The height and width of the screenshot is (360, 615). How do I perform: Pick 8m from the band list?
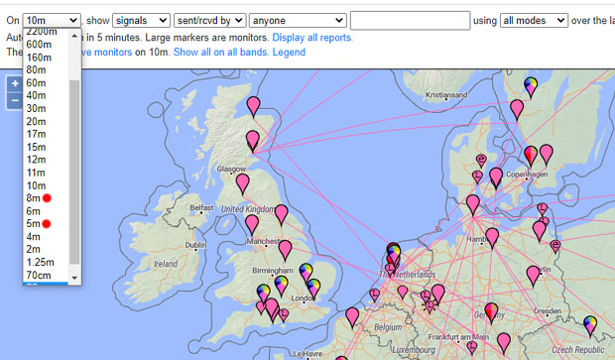pyautogui.click(x=34, y=198)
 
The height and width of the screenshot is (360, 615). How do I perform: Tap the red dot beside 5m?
pyautogui.click(x=47, y=224)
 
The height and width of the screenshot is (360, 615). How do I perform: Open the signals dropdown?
pyautogui.click(x=141, y=20)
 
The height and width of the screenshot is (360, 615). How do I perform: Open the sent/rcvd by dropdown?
pyautogui.click(x=210, y=20)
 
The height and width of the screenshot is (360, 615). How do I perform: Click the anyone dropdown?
pyautogui.click(x=297, y=20)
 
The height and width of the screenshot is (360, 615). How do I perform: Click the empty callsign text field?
pyautogui.click(x=410, y=20)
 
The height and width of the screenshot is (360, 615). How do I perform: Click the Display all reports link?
pyautogui.click(x=312, y=38)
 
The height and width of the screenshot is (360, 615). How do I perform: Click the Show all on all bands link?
pyautogui.click(x=213, y=52)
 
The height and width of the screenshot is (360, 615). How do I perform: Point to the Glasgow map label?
pyautogui.click(x=231, y=169)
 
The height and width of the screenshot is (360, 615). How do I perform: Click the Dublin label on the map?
pyautogui.click(x=195, y=245)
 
